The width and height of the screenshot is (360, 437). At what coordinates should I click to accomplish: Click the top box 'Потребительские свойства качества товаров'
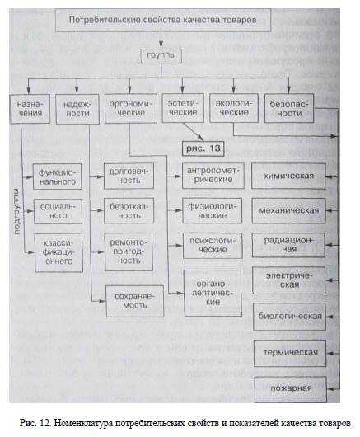coord(163,20)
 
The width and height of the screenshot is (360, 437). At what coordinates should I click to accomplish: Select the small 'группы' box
coord(161,56)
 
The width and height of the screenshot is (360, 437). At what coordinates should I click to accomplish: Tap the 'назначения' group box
coord(30,109)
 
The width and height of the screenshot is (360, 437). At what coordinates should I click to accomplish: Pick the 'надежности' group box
coord(77,109)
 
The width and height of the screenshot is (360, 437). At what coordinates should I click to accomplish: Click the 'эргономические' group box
coord(131,108)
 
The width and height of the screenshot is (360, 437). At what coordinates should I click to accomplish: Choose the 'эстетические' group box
coord(183,108)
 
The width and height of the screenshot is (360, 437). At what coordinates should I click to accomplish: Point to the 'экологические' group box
coord(234,108)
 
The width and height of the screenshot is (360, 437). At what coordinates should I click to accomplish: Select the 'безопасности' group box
coord(289,108)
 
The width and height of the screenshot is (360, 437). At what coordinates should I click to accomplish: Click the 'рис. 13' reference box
coord(203,148)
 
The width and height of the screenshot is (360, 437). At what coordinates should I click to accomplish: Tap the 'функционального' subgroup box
coord(58,176)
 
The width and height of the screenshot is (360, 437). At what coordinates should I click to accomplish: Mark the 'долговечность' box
coord(129,176)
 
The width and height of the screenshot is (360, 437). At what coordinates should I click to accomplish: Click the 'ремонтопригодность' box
coord(129,251)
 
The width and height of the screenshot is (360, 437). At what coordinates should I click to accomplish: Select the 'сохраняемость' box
coord(135,301)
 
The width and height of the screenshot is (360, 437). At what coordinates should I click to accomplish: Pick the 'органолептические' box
coord(213,293)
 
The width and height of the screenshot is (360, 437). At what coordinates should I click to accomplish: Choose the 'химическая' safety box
coord(288,176)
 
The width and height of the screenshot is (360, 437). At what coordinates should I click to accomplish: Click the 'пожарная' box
coord(291,389)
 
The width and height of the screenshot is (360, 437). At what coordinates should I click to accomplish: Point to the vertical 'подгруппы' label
coord(16,212)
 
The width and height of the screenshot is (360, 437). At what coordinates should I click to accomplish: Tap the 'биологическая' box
coord(289,317)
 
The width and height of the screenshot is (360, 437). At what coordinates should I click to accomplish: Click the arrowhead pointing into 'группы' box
coord(161,45)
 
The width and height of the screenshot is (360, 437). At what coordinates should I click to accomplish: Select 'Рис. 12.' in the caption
coord(35,423)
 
